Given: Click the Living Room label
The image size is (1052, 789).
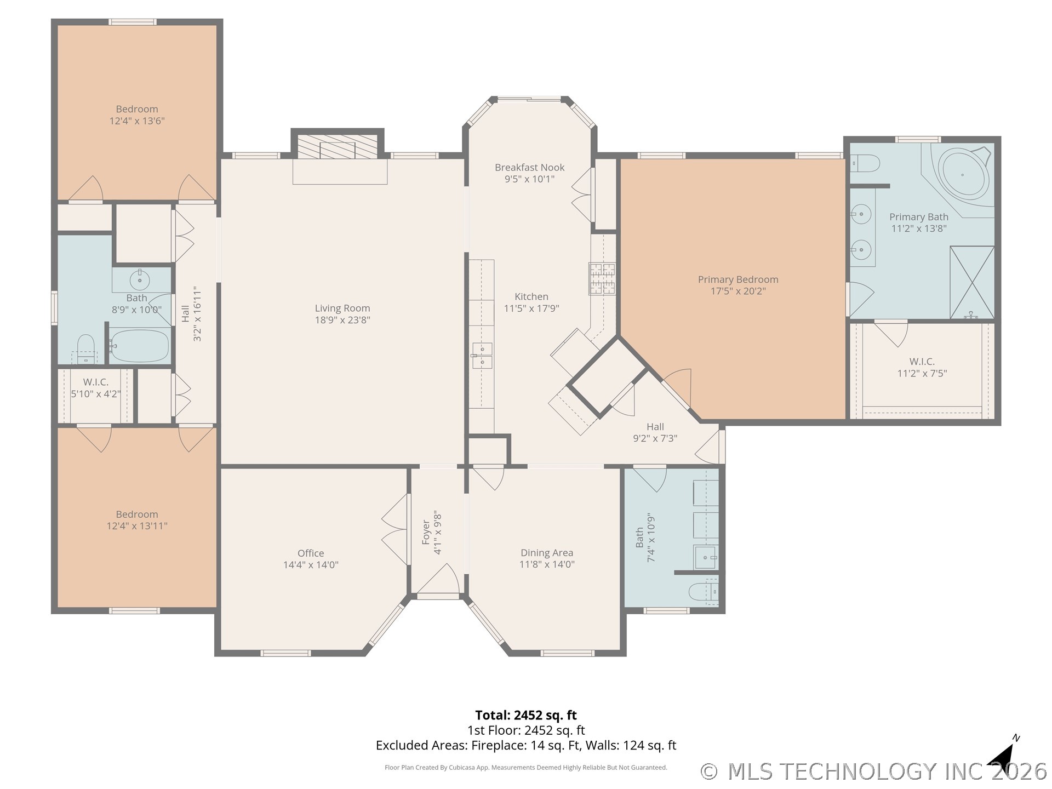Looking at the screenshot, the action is click(342, 314).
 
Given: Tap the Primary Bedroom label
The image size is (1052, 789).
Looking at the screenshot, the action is click(738, 285).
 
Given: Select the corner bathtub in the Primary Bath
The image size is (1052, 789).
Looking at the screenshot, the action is click(964, 176).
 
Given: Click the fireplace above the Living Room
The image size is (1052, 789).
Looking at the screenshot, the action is click(338, 146).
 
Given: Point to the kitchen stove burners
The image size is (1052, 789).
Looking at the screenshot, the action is click(602, 278).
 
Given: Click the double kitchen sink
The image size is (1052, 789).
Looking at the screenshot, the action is click(482, 355).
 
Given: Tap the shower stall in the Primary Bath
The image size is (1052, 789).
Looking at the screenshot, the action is click(972, 282).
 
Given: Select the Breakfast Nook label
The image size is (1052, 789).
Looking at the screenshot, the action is click(529, 173).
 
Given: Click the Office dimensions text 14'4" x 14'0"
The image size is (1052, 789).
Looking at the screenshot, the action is click(311, 565).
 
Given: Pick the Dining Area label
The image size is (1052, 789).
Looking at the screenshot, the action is click(547, 558).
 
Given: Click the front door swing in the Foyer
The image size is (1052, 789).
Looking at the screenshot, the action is click(438, 580).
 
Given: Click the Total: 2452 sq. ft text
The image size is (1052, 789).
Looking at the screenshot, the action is click(526, 715).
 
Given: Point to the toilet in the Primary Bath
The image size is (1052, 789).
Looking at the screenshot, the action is click(865, 163).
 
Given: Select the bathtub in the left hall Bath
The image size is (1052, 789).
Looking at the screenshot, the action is click(140, 345).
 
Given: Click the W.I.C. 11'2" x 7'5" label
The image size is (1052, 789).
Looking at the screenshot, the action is click(922, 367).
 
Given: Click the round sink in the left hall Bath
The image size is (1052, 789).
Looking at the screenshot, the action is click(140, 281).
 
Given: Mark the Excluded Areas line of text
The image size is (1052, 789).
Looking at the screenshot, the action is click(526, 745).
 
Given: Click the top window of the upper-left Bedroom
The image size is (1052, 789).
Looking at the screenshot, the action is click(132, 22).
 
